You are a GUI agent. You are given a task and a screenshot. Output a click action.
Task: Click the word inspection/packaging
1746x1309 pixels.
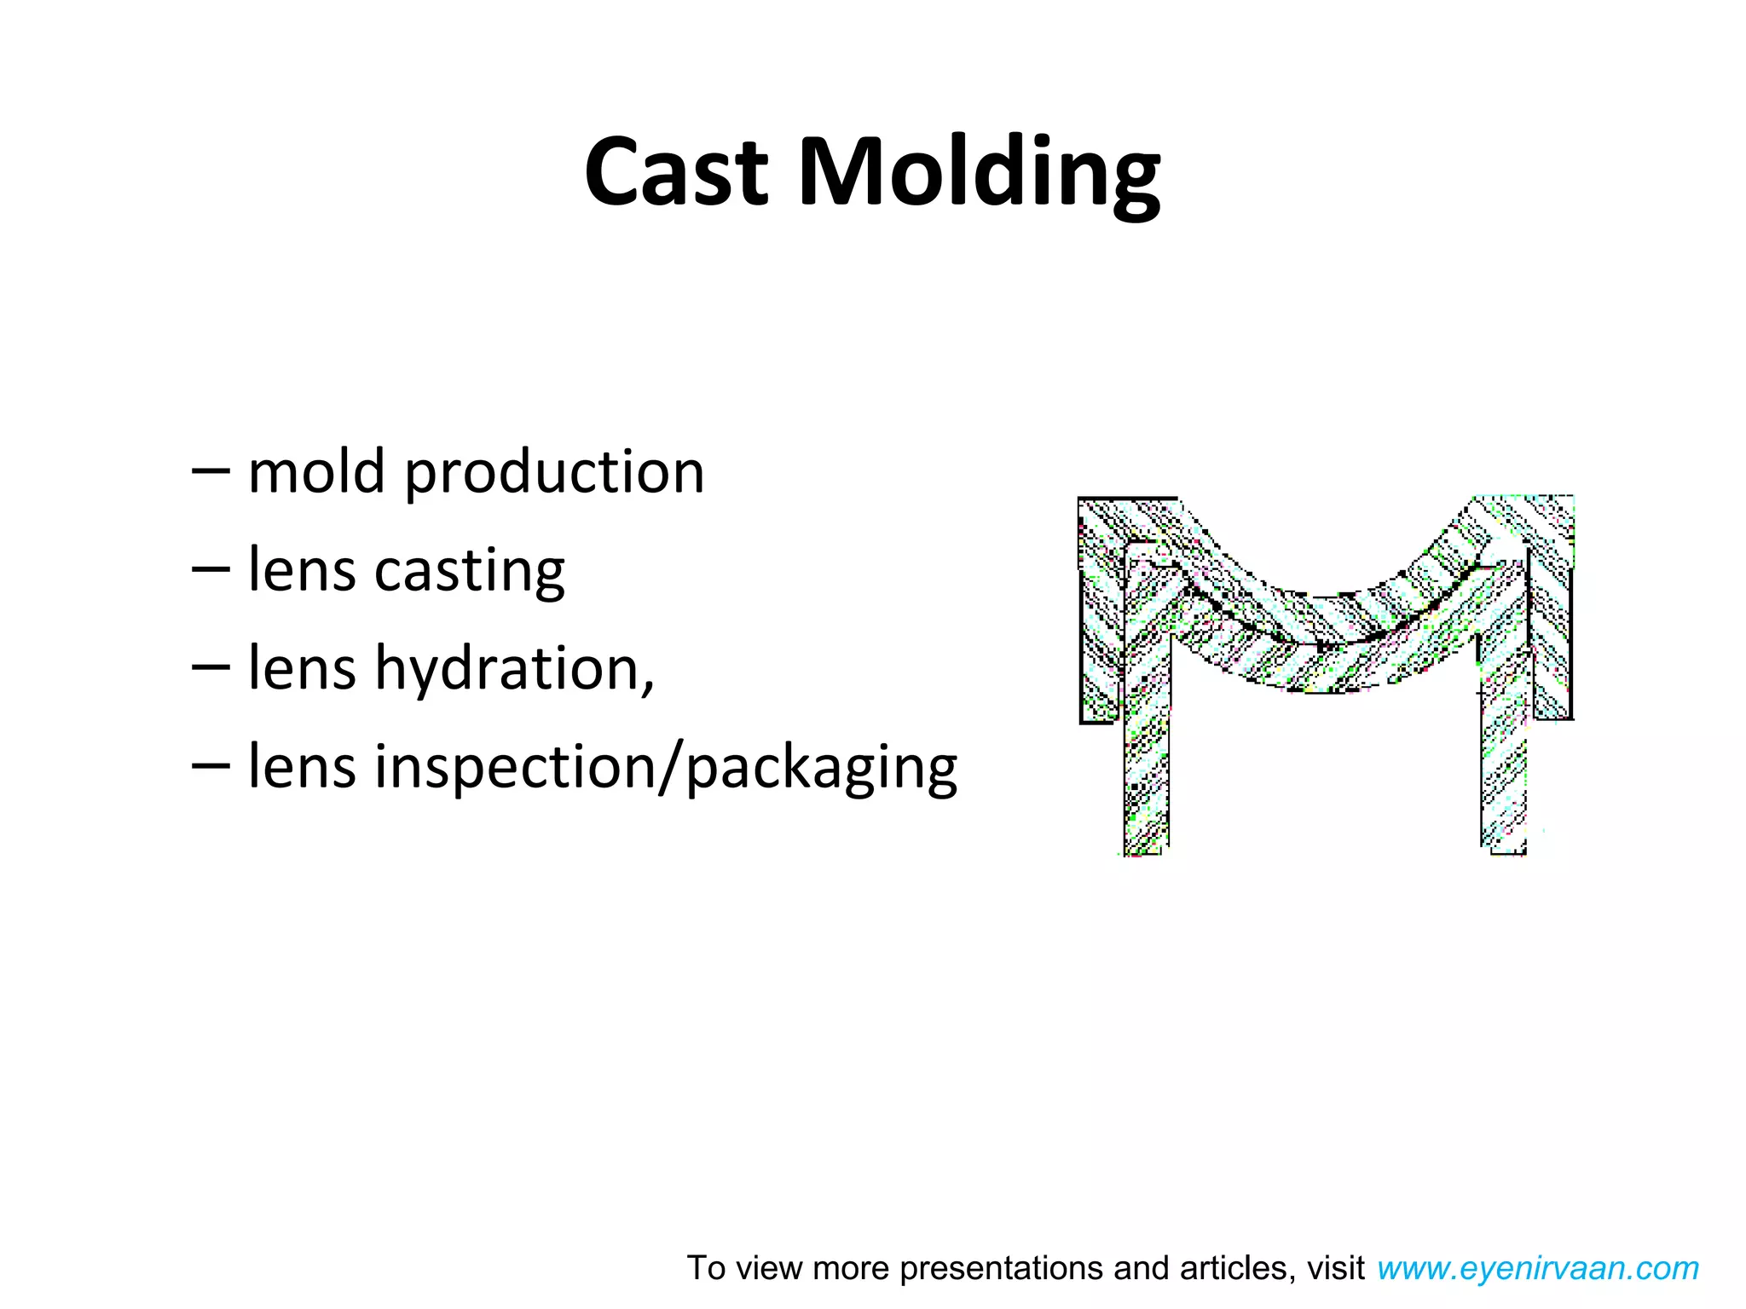(666, 767)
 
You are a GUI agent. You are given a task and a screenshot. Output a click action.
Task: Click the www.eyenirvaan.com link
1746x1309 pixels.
(1537, 1268)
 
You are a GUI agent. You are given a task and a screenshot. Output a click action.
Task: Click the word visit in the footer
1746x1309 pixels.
(1336, 1268)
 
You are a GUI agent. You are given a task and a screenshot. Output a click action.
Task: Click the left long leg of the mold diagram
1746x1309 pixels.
(1146, 750)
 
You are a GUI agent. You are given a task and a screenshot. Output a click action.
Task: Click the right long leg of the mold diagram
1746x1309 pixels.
(1503, 750)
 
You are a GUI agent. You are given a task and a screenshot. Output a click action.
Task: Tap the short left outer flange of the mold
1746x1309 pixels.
(1097, 648)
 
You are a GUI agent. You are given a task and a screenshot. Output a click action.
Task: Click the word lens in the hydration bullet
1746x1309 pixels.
(301, 668)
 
